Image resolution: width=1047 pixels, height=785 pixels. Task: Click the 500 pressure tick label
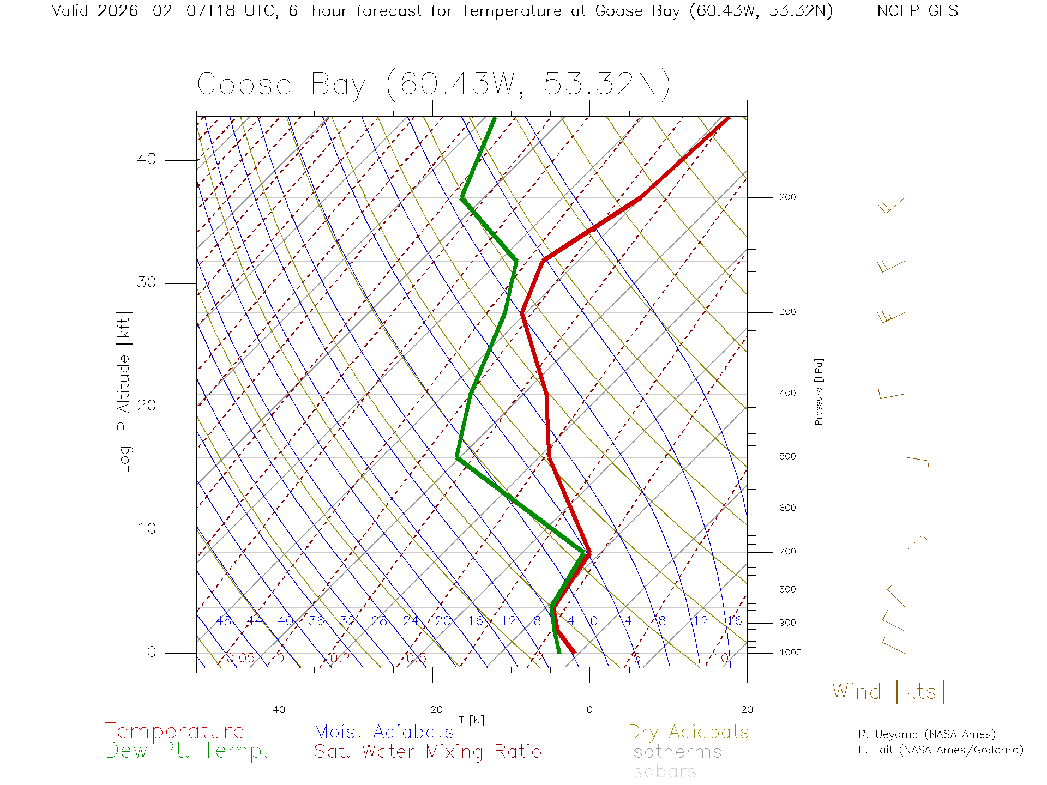pos(787,456)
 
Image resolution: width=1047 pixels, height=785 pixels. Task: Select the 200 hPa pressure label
pos(787,197)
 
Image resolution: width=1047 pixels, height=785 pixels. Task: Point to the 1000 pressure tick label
pos(790,653)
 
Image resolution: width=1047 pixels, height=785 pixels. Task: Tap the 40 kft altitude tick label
pos(146,159)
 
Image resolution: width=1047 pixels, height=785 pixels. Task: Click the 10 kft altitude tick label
pos(146,529)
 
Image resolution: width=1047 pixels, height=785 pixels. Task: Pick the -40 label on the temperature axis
pos(275,710)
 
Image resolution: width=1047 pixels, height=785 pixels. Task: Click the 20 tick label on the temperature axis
pos(747,710)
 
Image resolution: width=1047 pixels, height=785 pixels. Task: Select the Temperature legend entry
pos(174,730)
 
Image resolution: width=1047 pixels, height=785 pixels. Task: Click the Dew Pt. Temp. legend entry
pos(187,751)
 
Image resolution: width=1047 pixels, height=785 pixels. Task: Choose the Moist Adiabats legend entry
pos(384,732)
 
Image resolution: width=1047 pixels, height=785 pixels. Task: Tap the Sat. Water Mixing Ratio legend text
pos(428,751)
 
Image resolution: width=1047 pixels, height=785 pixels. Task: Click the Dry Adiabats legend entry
pos(688,732)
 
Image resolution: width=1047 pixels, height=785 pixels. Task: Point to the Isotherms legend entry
pos(675,752)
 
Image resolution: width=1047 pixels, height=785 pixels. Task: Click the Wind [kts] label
pos(889,691)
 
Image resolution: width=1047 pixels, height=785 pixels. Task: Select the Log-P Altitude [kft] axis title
pos(124,392)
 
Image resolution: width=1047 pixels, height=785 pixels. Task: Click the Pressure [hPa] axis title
pos(819,391)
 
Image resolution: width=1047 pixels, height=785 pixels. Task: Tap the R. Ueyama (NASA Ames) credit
pos(926,734)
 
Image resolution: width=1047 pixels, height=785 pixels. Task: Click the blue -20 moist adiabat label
pos(442,621)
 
